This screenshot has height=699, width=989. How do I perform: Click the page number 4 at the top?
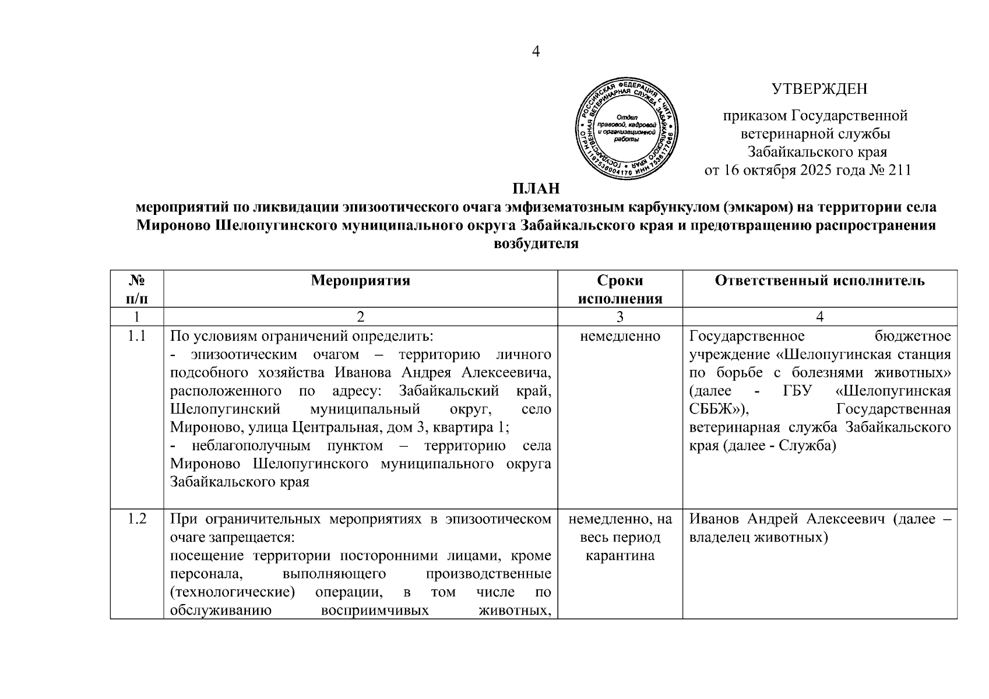pyautogui.click(x=536, y=52)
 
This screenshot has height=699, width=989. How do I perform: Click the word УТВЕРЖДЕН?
pyautogui.click(x=819, y=89)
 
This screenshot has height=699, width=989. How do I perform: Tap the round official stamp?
pyautogui.click(x=627, y=129)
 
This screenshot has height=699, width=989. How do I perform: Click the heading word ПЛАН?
pyautogui.click(x=536, y=188)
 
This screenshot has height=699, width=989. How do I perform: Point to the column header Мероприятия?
pyautogui.click(x=360, y=281)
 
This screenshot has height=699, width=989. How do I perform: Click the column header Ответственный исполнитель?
pyautogui.click(x=819, y=281)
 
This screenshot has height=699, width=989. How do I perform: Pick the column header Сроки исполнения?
pyautogui.click(x=620, y=290)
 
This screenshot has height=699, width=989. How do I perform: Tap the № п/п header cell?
pyautogui.click(x=136, y=290)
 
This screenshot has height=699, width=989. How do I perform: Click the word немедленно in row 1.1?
pyautogui.click(x=620, y=337)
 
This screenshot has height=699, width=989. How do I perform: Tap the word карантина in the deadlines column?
pyautogui.click(x=620, y=556)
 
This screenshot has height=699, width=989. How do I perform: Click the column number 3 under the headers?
pyautogui.click(x=620, y=317)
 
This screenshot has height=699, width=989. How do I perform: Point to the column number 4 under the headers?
pyautogui.click(x=819, y=317)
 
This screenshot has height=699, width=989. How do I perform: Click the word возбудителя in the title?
pyautogui.click(x=536, y=243)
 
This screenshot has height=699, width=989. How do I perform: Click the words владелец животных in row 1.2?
pyautogui.click(x=758, y=538)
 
